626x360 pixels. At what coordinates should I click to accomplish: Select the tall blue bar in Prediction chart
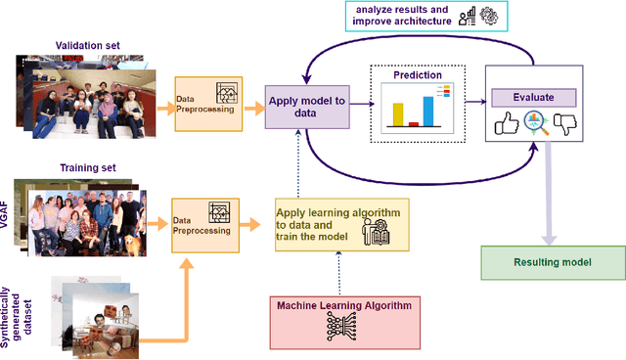click(427, 112)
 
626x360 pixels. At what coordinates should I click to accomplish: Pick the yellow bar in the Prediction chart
click(398, 114)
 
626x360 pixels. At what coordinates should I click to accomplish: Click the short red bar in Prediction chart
click(413, 124)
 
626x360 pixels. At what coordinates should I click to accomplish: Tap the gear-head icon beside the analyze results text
click(486, 16)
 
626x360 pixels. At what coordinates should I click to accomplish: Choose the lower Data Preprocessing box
click(204, 224)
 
